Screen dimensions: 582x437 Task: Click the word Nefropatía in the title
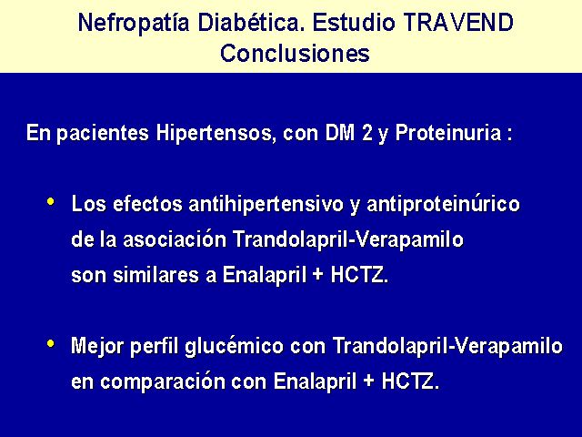pos(134,22)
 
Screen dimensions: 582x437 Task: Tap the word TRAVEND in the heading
pos(458,22)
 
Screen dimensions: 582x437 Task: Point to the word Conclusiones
pos(295,53)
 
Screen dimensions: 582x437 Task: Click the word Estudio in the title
pos(354,22)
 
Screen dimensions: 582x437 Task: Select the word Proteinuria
pos(448,133)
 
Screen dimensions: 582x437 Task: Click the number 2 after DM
pos(366,133)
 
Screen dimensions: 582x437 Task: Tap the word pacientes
pos(103,134)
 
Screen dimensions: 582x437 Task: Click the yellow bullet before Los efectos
pos(51,202)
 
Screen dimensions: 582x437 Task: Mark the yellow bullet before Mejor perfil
pos(51,344)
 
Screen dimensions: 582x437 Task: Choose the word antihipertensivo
pos(266,205)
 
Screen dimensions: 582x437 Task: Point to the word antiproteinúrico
pos(443,205)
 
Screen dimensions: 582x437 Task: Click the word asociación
pos(175,239)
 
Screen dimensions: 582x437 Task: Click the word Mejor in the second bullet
pos(97,347)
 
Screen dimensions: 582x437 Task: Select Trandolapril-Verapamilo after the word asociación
pos(348,240)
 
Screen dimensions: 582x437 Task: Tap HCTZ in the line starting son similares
pos(359,275)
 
